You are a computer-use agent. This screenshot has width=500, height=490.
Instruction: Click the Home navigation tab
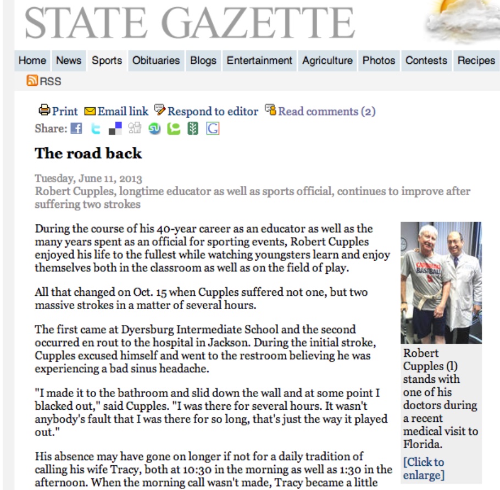32,60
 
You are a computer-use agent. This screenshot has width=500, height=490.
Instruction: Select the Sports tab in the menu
107,60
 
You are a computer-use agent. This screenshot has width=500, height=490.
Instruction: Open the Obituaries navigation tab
156,60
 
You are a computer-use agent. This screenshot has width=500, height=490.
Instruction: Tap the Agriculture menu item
327,60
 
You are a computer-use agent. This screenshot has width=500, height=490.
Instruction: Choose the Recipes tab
476,60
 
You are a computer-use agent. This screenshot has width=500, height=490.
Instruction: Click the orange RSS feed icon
32,81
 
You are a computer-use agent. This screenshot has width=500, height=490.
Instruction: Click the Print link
59,111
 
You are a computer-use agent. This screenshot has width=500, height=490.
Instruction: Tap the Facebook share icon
76,129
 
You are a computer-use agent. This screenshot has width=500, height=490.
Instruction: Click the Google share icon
213,129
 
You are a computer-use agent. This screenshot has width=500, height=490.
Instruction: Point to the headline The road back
88,153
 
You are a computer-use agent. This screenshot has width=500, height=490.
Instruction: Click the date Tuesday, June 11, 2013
88,178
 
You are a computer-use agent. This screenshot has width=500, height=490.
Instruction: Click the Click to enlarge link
423,468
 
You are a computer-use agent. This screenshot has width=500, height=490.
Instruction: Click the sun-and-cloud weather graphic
462,19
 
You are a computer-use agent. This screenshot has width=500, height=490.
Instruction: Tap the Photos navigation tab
379,60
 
